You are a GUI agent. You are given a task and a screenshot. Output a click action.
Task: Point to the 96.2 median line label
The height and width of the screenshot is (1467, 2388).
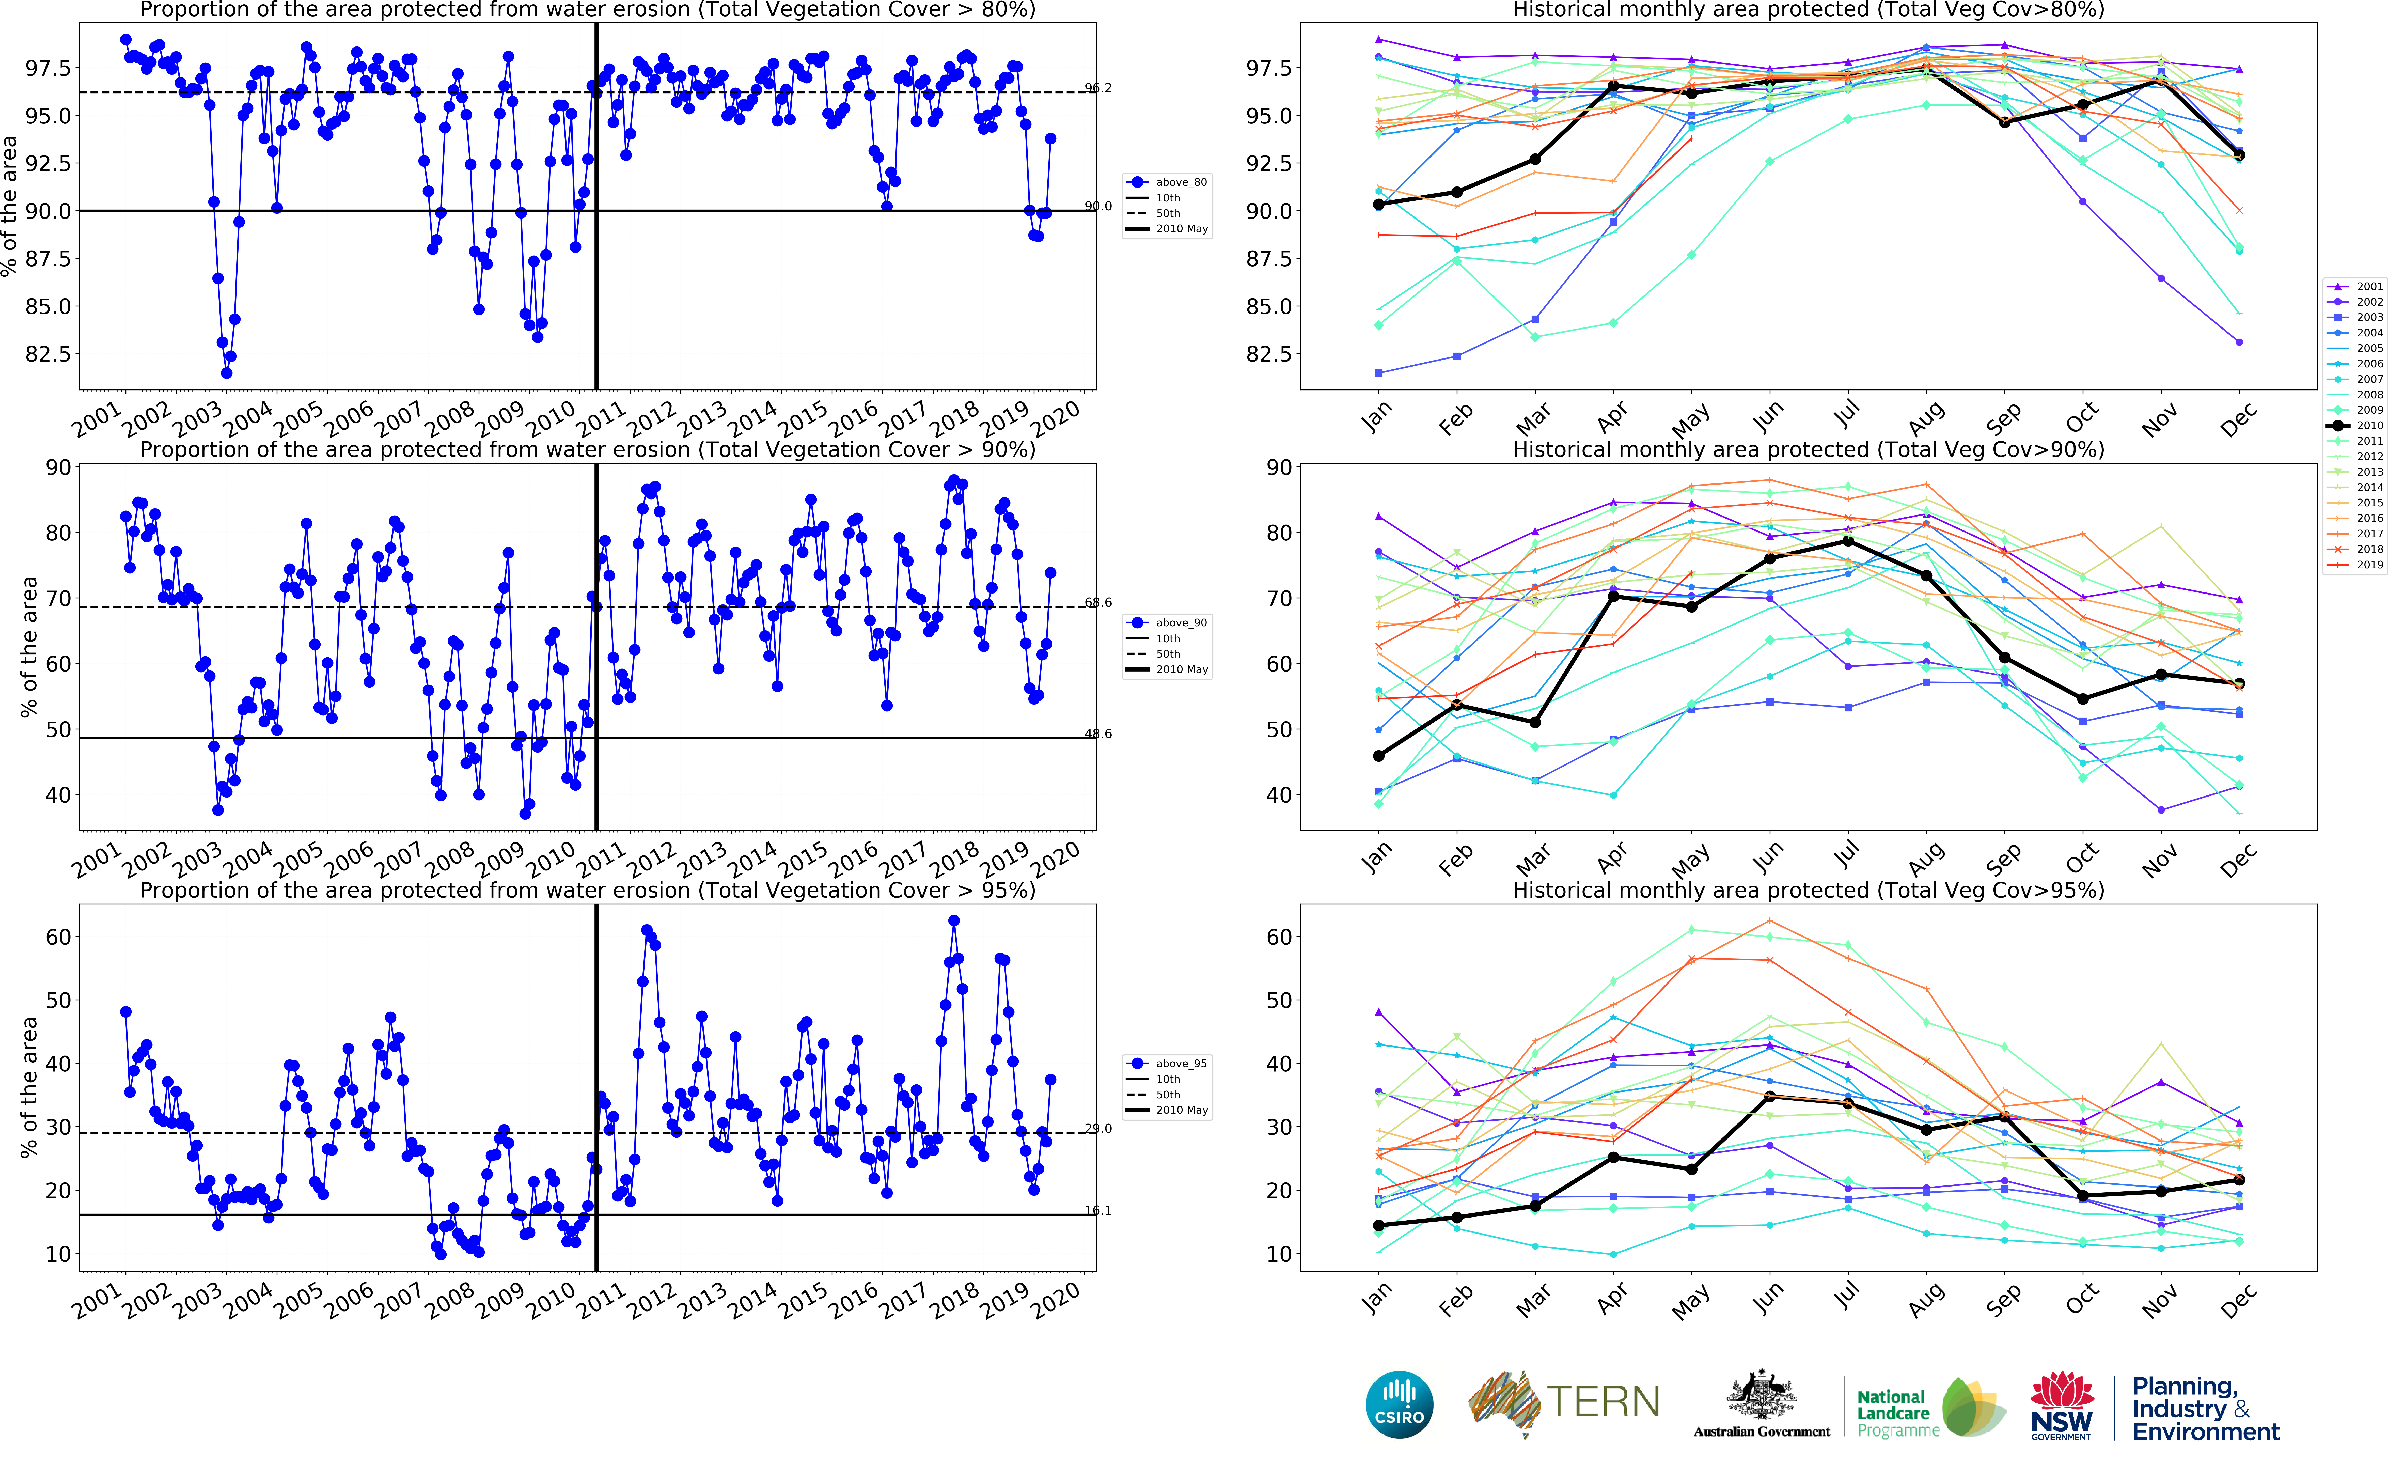pos(1098,88)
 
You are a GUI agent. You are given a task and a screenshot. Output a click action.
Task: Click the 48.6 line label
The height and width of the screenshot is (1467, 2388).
pos(1098,733)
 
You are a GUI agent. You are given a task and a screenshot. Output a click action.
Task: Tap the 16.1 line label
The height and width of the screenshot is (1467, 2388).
pos(1098,1210)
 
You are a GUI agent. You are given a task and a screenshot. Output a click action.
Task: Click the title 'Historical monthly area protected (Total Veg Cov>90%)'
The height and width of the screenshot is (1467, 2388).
pos(1808,449)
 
